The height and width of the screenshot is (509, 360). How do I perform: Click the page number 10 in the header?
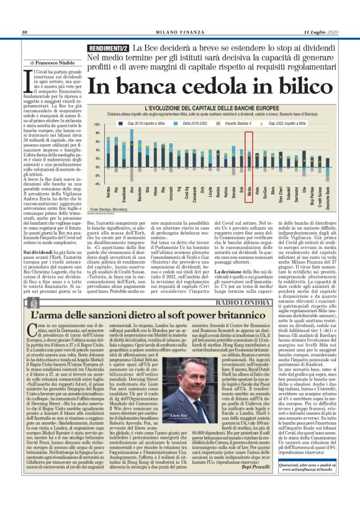(25, 32)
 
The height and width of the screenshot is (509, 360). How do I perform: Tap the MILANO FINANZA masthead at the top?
(179, 32)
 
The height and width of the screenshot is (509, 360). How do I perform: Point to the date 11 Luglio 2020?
(321, 32)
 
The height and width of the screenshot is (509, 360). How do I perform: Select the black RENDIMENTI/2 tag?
(109, 48)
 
